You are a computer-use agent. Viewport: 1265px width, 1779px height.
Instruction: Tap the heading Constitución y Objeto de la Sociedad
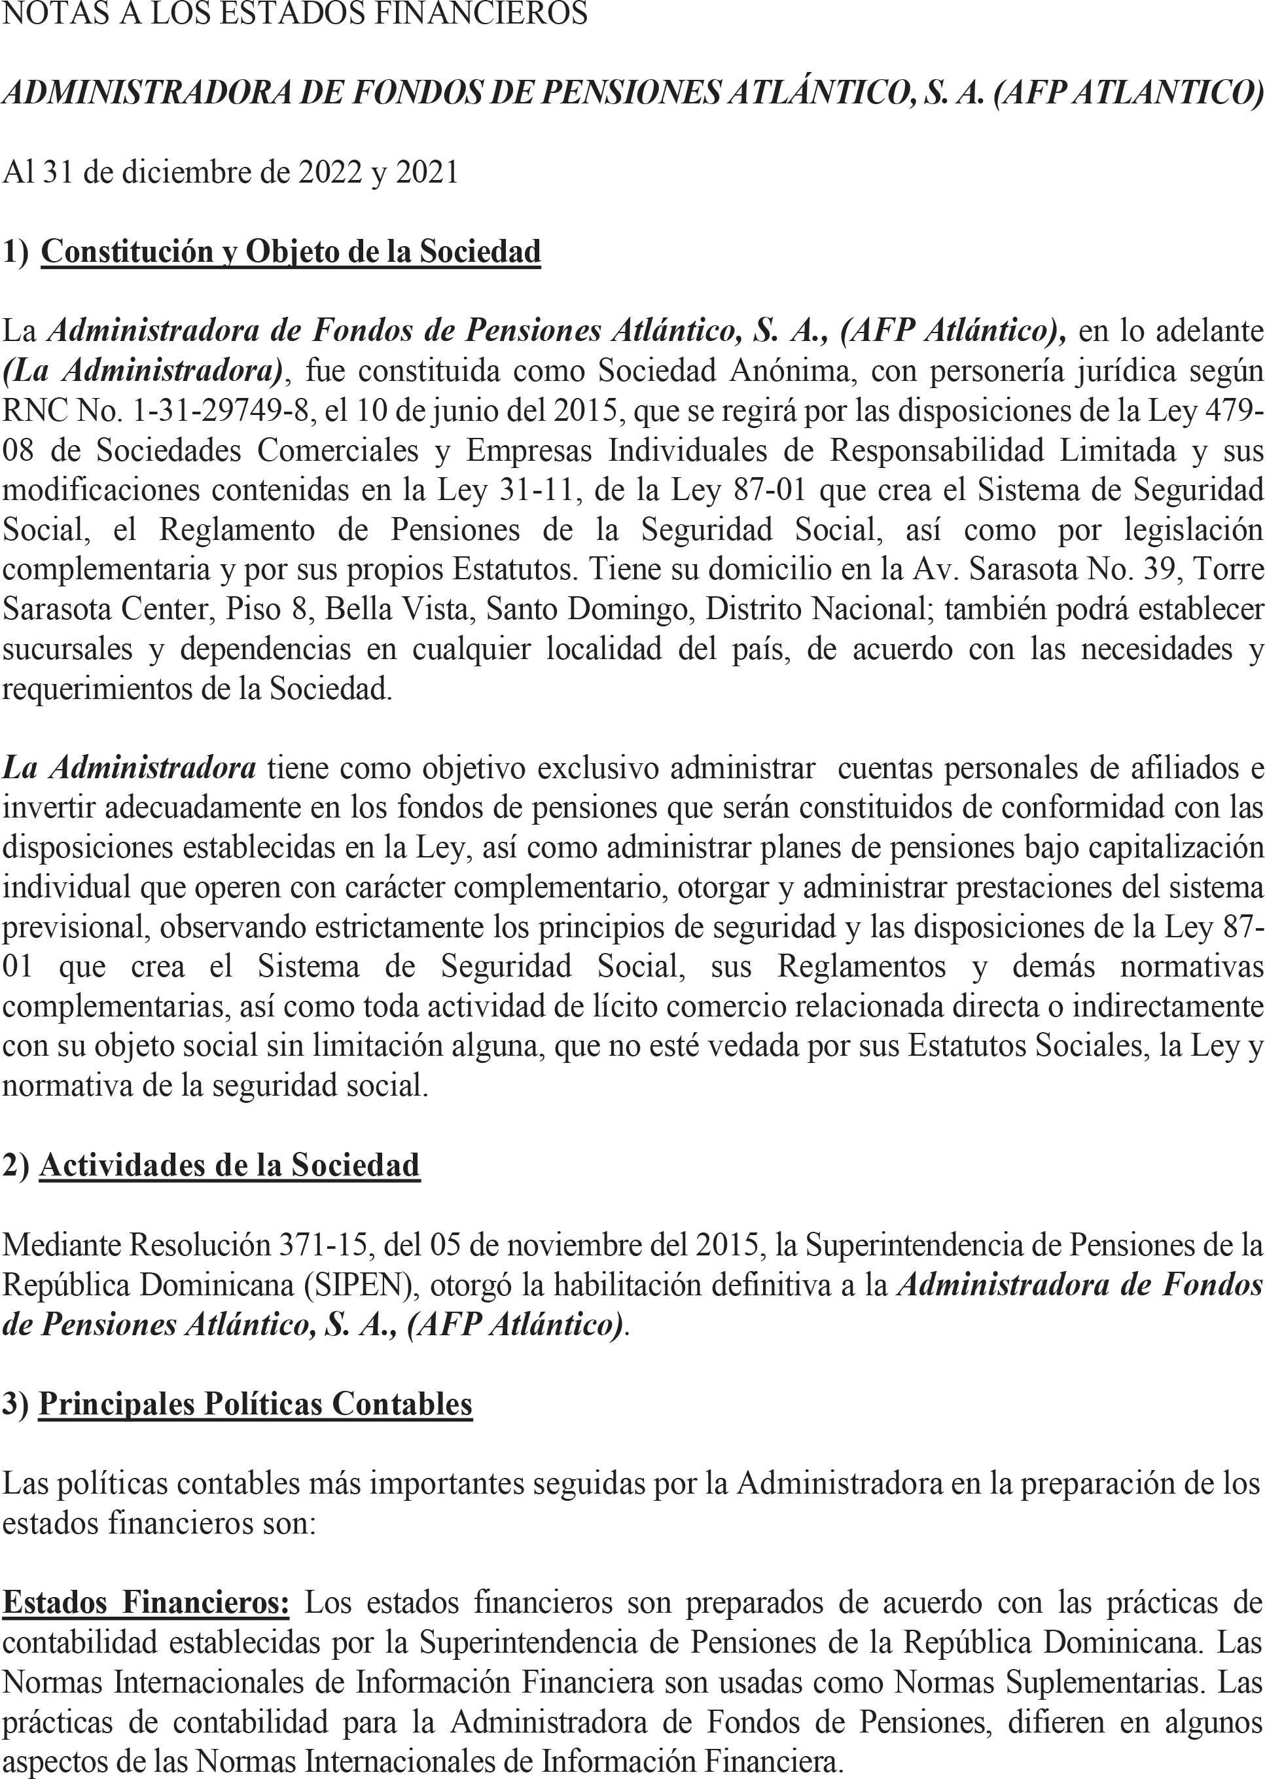(291, 251)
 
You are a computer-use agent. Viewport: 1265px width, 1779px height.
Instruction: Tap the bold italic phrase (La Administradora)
(143, 370)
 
